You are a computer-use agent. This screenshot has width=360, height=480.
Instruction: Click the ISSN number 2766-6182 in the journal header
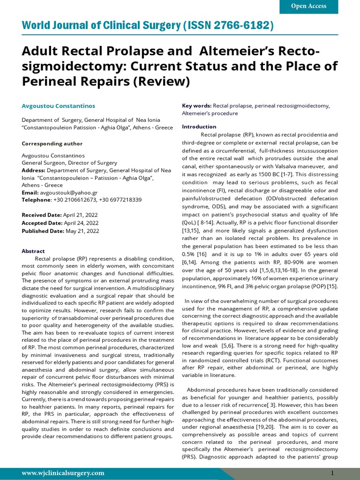point(247,25)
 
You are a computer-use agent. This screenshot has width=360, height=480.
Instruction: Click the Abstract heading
point(33,251)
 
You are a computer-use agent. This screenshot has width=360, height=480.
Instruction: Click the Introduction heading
point(199,127)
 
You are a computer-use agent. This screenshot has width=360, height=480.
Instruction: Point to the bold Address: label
point(33,170)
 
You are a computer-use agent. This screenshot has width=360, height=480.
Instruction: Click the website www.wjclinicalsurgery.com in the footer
point(63,473)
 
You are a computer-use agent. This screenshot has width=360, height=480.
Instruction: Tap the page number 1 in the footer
point(332,473)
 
